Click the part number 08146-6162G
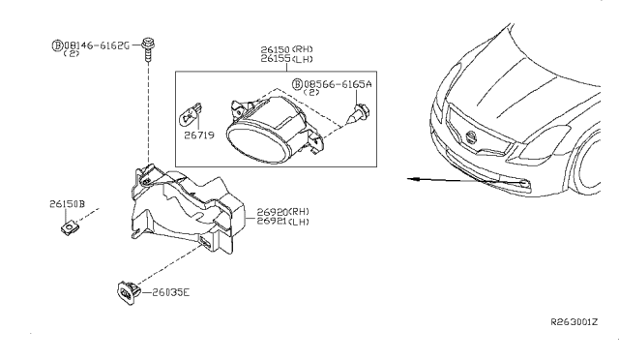97,45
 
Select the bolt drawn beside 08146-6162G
148,49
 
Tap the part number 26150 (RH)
286,49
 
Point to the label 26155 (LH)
286,59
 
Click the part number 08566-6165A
338,84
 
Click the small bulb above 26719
191,114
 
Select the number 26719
199,135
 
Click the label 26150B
67,204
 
